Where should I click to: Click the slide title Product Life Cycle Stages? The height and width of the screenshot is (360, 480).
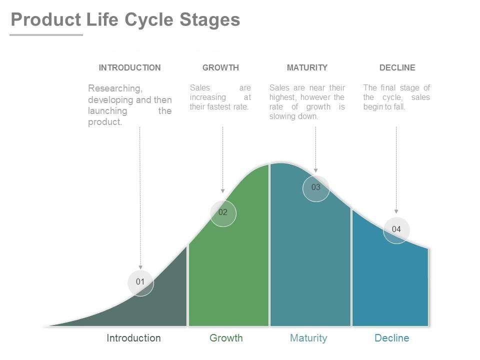tap(125, 20)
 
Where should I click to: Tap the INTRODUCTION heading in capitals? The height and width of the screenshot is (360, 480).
tap(130, 67)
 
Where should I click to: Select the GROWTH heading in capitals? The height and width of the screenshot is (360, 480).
tap(220, 67)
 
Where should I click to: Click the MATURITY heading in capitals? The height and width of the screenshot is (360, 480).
tap(307, 67)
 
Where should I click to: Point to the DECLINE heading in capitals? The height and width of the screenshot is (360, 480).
tap(397, 67)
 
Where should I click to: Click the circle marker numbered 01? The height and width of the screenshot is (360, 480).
tap(140, 282)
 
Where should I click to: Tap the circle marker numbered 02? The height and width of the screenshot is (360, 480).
tap(223, 213)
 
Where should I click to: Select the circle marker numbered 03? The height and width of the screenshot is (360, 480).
tap(316, 188)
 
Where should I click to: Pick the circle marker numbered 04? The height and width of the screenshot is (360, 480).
tap(396, 230)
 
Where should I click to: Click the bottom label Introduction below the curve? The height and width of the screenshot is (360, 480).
tap(134, 338)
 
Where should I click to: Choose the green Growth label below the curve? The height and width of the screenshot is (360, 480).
tap(226, 338)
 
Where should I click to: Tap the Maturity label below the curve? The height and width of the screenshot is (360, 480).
tap(308, 338)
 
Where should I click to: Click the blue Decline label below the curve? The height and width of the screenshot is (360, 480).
tap(391, 338)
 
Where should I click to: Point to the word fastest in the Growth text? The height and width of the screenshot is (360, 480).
tap(221, 107)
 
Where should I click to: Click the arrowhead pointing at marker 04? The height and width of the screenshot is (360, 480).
tap(396, 212)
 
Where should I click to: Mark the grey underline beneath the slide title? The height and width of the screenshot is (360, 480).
tap(46, 35)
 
